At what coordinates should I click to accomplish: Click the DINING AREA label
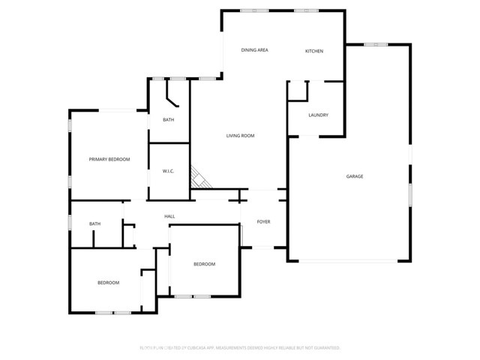tap(254, 50)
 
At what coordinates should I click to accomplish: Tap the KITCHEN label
tap(313, 51)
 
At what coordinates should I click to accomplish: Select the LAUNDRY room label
tap(318, 115)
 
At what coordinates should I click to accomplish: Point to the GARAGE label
tap(354, 176)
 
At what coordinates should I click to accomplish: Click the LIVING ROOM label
tap(241, 136)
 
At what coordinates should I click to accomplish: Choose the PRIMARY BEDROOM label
tap(109, 159)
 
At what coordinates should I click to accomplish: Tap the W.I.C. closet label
tap(169, 172)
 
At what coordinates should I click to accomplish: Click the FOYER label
tap(263, 222)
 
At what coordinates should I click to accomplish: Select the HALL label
tap(169, 217)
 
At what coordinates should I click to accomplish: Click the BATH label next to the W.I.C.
tap(169, 120)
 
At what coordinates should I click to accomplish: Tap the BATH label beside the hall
tap(94, 223)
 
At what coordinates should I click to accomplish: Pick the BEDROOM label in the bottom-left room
tap(108, 283)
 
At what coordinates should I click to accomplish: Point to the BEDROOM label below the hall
tap(204, 264)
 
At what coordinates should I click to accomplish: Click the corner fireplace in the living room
tap(198, 178)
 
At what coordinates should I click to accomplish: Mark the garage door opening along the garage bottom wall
tap(349, 260)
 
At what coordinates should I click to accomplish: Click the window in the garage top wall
tap(374, 45)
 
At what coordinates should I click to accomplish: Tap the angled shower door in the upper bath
tap(172, 100)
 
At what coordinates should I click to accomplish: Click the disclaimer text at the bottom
tap(240, 348)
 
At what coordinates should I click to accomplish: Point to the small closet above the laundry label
tap(298, 90)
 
